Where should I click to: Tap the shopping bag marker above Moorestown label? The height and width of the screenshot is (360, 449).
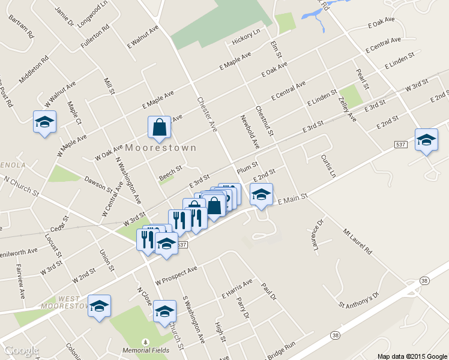tap(159, 127)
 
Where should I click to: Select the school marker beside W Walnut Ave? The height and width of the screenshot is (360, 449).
tap(44, 122)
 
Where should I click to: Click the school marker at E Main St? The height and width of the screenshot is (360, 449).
tap(261, 194)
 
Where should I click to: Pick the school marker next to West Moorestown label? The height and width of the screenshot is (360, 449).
tap(100, 306)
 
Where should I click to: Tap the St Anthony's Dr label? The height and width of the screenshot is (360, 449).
tap(359, 300)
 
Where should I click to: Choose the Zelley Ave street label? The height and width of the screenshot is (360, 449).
tap(348, 109)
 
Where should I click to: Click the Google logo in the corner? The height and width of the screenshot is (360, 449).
tap(21, 350)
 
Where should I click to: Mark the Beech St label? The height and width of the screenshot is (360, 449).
tap(170, 173)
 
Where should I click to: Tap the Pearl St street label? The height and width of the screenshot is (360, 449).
tap(361, 78)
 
